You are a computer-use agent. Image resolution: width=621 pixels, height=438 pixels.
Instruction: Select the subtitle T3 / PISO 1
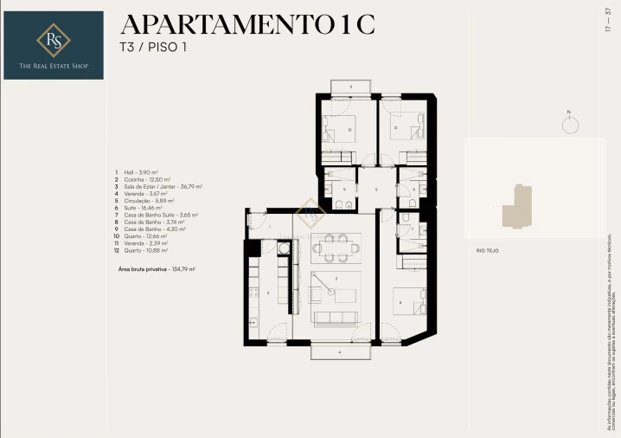coord(153,48)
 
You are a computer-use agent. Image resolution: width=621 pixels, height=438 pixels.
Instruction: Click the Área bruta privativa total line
coord(157,269)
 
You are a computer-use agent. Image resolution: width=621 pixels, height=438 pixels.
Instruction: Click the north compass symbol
coord(570,124)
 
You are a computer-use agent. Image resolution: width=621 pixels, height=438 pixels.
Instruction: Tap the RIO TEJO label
coord(487,250)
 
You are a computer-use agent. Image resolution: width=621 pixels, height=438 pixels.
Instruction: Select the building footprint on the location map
coord(519,204)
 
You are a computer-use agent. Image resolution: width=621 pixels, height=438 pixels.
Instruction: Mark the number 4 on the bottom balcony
coord(339,352)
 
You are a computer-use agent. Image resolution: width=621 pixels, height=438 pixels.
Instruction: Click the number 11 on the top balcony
coord(350,87)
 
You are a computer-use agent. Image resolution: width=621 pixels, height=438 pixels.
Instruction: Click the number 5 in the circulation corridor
coord(375,190)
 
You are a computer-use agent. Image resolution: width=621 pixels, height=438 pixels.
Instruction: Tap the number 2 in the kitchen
coord(267,293)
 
